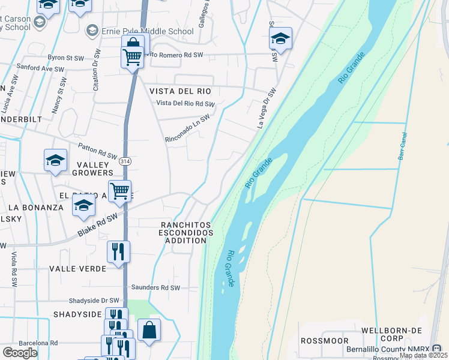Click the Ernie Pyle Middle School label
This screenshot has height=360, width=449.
[x=148, y=31]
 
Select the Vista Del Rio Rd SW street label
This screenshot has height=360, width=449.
[x=185, y=104]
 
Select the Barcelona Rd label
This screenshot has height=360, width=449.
[x=38, y=343]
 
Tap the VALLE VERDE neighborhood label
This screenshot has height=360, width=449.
[x=77, y=269]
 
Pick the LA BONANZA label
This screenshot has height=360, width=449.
[x=35, y=208]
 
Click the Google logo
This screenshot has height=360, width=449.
[x=20, y=353]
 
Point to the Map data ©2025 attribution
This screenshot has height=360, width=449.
[x=423, y=355]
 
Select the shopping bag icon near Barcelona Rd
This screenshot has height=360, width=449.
[x=149, y=329]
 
